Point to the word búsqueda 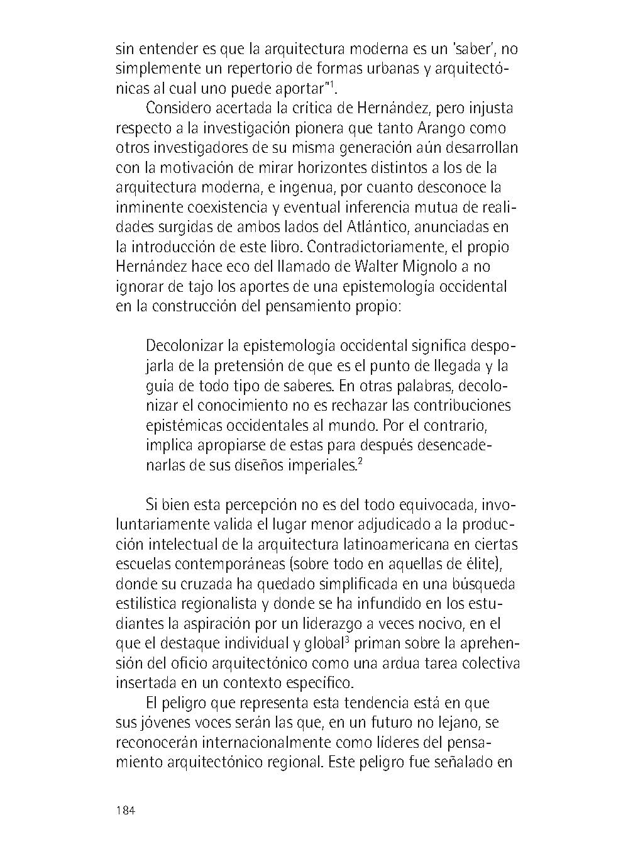[x=484, y=584]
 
